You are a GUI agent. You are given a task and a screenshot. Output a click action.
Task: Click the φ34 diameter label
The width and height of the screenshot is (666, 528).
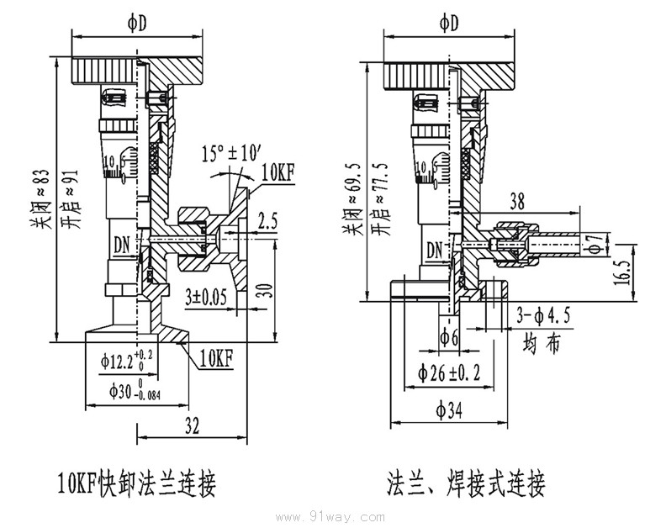point(452,409)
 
